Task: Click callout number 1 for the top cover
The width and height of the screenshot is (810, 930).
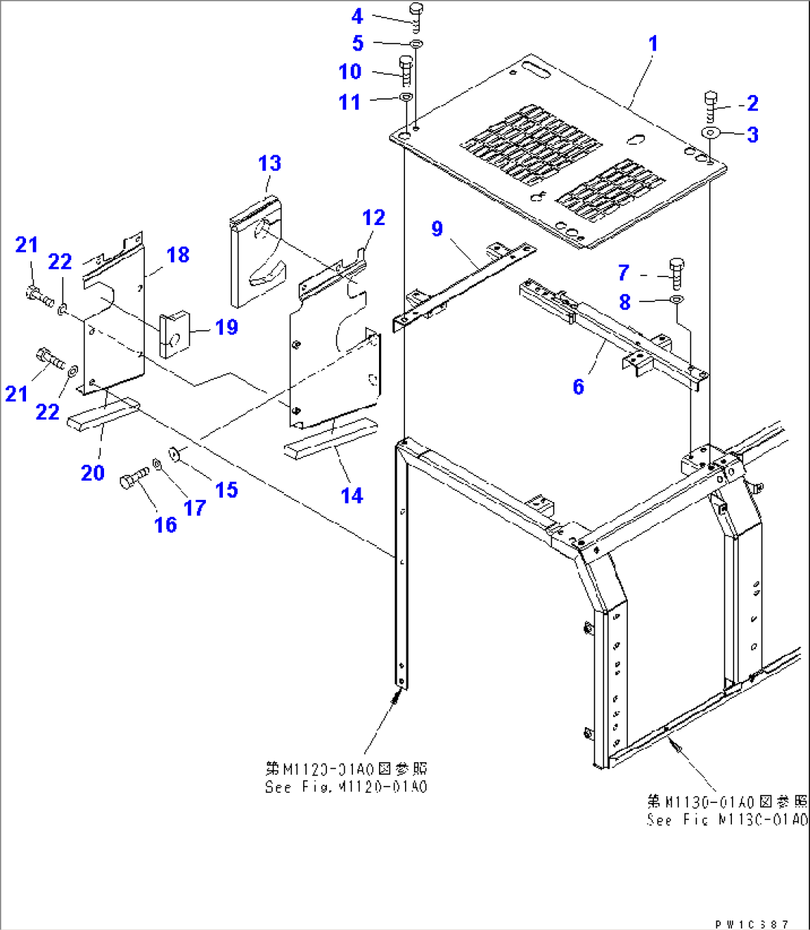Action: click(x=653, y=44)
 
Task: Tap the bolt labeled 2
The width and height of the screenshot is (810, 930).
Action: click(x=710, y=108)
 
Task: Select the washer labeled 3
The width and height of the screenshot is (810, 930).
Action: click(x=710, y=133)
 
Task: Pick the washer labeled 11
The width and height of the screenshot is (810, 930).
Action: click(x=406, y=98)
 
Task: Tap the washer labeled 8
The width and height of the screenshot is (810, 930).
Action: click(x=676, y=299)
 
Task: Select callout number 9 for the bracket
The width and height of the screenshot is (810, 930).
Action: click(x=437, y=228)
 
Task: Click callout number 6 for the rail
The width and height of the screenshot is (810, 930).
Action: click(x=578, y=386)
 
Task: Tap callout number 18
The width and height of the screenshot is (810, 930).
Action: click(x=178, y=255)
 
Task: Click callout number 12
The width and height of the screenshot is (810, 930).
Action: click(x=374, y=218)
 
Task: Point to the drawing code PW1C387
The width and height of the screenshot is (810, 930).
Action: click(x=751, y=924)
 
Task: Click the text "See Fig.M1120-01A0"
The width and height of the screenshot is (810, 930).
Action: click(x=346, y=787)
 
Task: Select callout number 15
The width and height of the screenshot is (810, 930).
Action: click(x=226, y=490)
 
